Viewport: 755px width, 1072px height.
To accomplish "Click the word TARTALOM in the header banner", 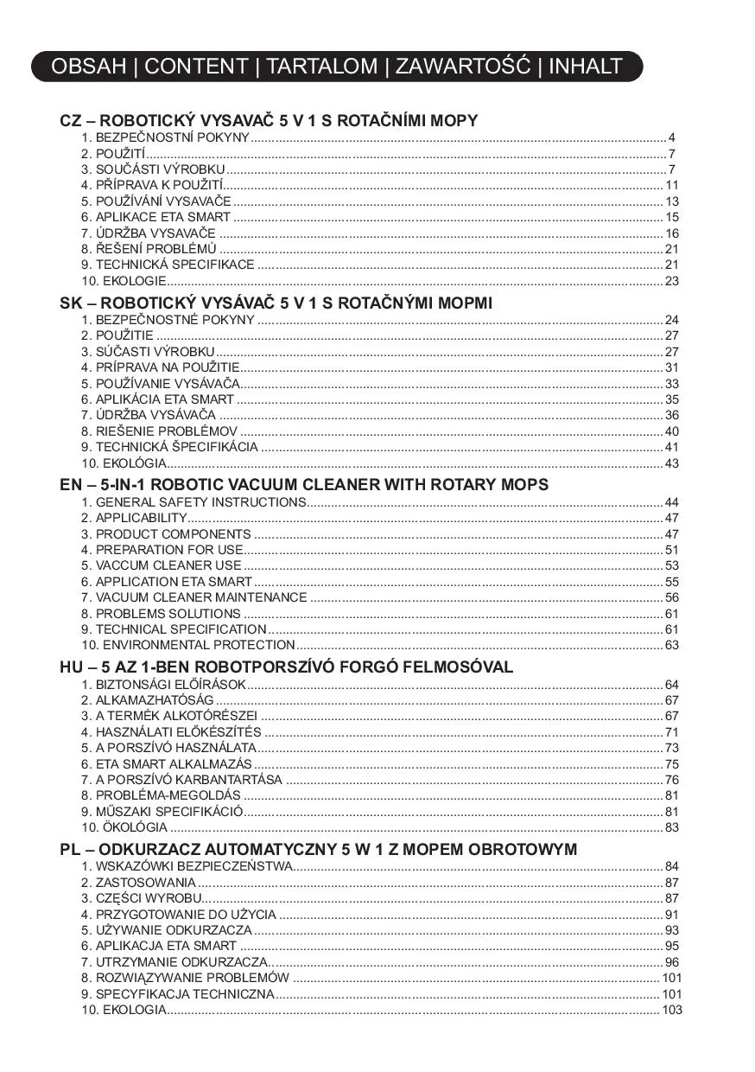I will tap(321, 67).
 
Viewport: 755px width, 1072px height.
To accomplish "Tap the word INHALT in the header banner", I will tap(585, 67).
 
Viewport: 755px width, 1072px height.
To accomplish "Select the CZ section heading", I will tap(269, 121).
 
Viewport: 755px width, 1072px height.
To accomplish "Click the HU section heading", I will tap(287, 667).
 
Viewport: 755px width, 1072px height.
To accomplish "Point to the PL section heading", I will tap(319, 850).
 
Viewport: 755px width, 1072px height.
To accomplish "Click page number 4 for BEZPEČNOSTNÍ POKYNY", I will tap(671, 138).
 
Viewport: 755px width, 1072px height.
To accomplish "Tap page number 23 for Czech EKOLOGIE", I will tap(672, 281).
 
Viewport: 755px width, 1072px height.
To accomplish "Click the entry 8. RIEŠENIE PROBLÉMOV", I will tap(159, 431).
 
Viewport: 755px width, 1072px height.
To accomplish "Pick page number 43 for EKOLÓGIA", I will tap(672, 463).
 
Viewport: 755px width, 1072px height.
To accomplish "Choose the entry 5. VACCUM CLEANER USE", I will tap(162, 565).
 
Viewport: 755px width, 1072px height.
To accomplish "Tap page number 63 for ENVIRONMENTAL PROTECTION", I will tap(672, 645).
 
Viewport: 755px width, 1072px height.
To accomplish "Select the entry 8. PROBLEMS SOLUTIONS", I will tap(161, 614).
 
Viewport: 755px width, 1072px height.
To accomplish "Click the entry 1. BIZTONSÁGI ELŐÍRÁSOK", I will tap(164, 685).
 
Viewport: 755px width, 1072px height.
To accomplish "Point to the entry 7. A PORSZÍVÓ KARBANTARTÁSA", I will tap(182, 780).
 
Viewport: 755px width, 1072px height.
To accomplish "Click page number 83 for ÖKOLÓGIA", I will tap(672, 827).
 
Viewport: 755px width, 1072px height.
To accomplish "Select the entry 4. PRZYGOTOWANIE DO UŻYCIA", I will tap(179, 915).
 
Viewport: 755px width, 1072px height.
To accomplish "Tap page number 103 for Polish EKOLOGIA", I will tap(672, 1010).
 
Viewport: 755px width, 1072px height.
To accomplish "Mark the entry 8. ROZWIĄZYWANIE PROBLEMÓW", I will tap(185, 978).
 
